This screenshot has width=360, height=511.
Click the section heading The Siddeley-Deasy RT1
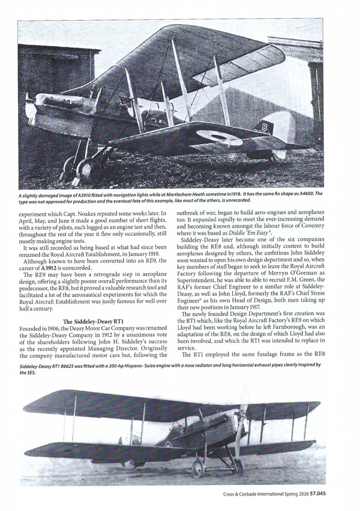[x=93, y=321]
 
